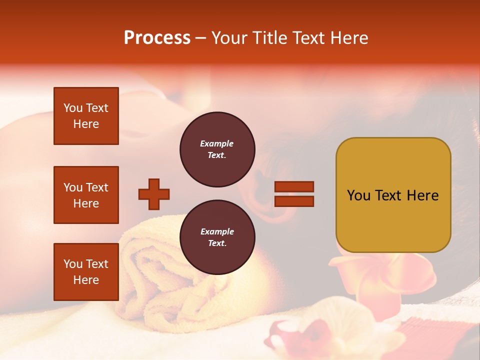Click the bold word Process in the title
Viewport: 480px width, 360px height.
[x=157, y=38]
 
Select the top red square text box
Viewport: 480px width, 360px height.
[x=86, y=116]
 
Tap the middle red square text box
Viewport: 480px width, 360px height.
[x=86, y=195]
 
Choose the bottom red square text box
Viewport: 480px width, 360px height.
[x=86, y=272]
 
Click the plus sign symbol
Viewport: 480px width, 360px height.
[x=154, y=194]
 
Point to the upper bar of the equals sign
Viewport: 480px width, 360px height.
[x=294, y=186]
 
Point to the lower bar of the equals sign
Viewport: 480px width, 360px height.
[x=294, y=201]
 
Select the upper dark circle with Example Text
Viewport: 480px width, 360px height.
[x=217, y=149]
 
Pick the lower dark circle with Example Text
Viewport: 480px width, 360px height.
[x=217, y=237]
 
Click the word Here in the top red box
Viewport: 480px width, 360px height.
[x=86, y=124]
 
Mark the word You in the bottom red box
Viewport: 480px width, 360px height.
[x=73, y=264]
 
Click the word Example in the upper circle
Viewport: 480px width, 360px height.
[x=217, y=143]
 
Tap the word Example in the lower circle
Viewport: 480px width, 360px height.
[x=217, y=231]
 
